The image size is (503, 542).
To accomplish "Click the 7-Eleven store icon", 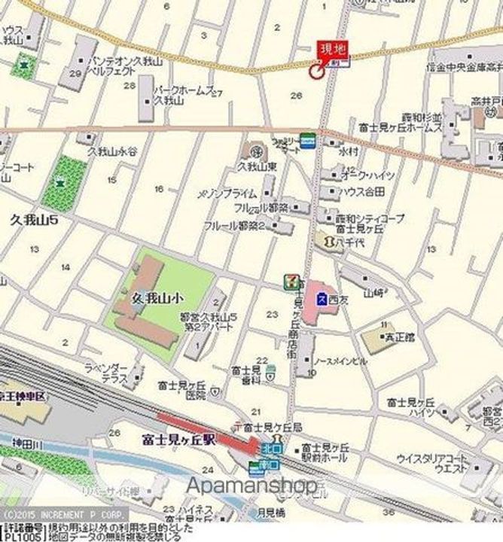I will click(x=290, y=281).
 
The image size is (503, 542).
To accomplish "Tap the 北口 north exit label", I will click(x=271, y=449).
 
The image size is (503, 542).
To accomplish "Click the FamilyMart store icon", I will click(x=307, y=139).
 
